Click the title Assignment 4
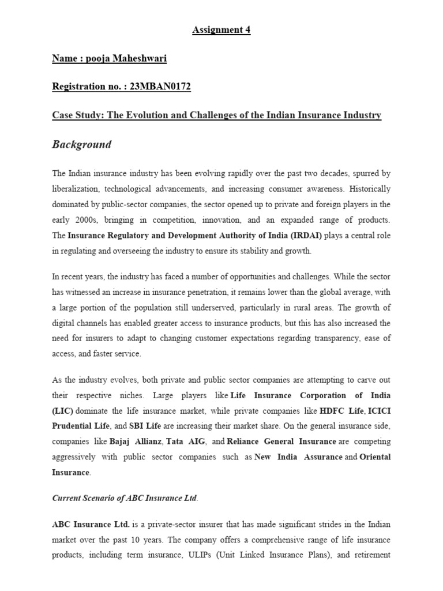[221, 31]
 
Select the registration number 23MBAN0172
[162, 87]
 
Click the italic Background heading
[81, 144]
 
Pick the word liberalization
[78, 189]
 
